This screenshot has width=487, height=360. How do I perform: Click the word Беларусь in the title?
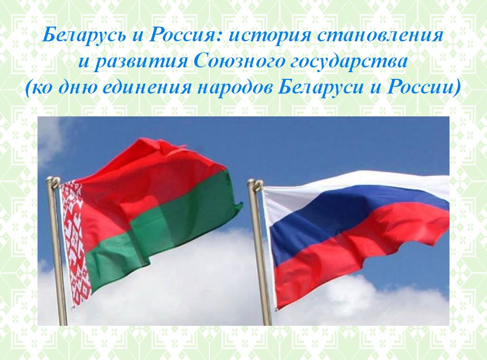(84, 35)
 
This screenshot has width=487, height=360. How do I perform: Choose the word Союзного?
(239, 61)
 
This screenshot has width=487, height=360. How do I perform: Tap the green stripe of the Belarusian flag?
(161, 230)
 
